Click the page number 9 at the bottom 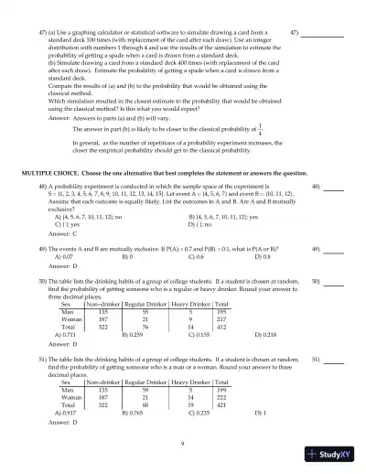(x=183, y=441)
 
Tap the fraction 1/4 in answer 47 (x=235, y=129)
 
